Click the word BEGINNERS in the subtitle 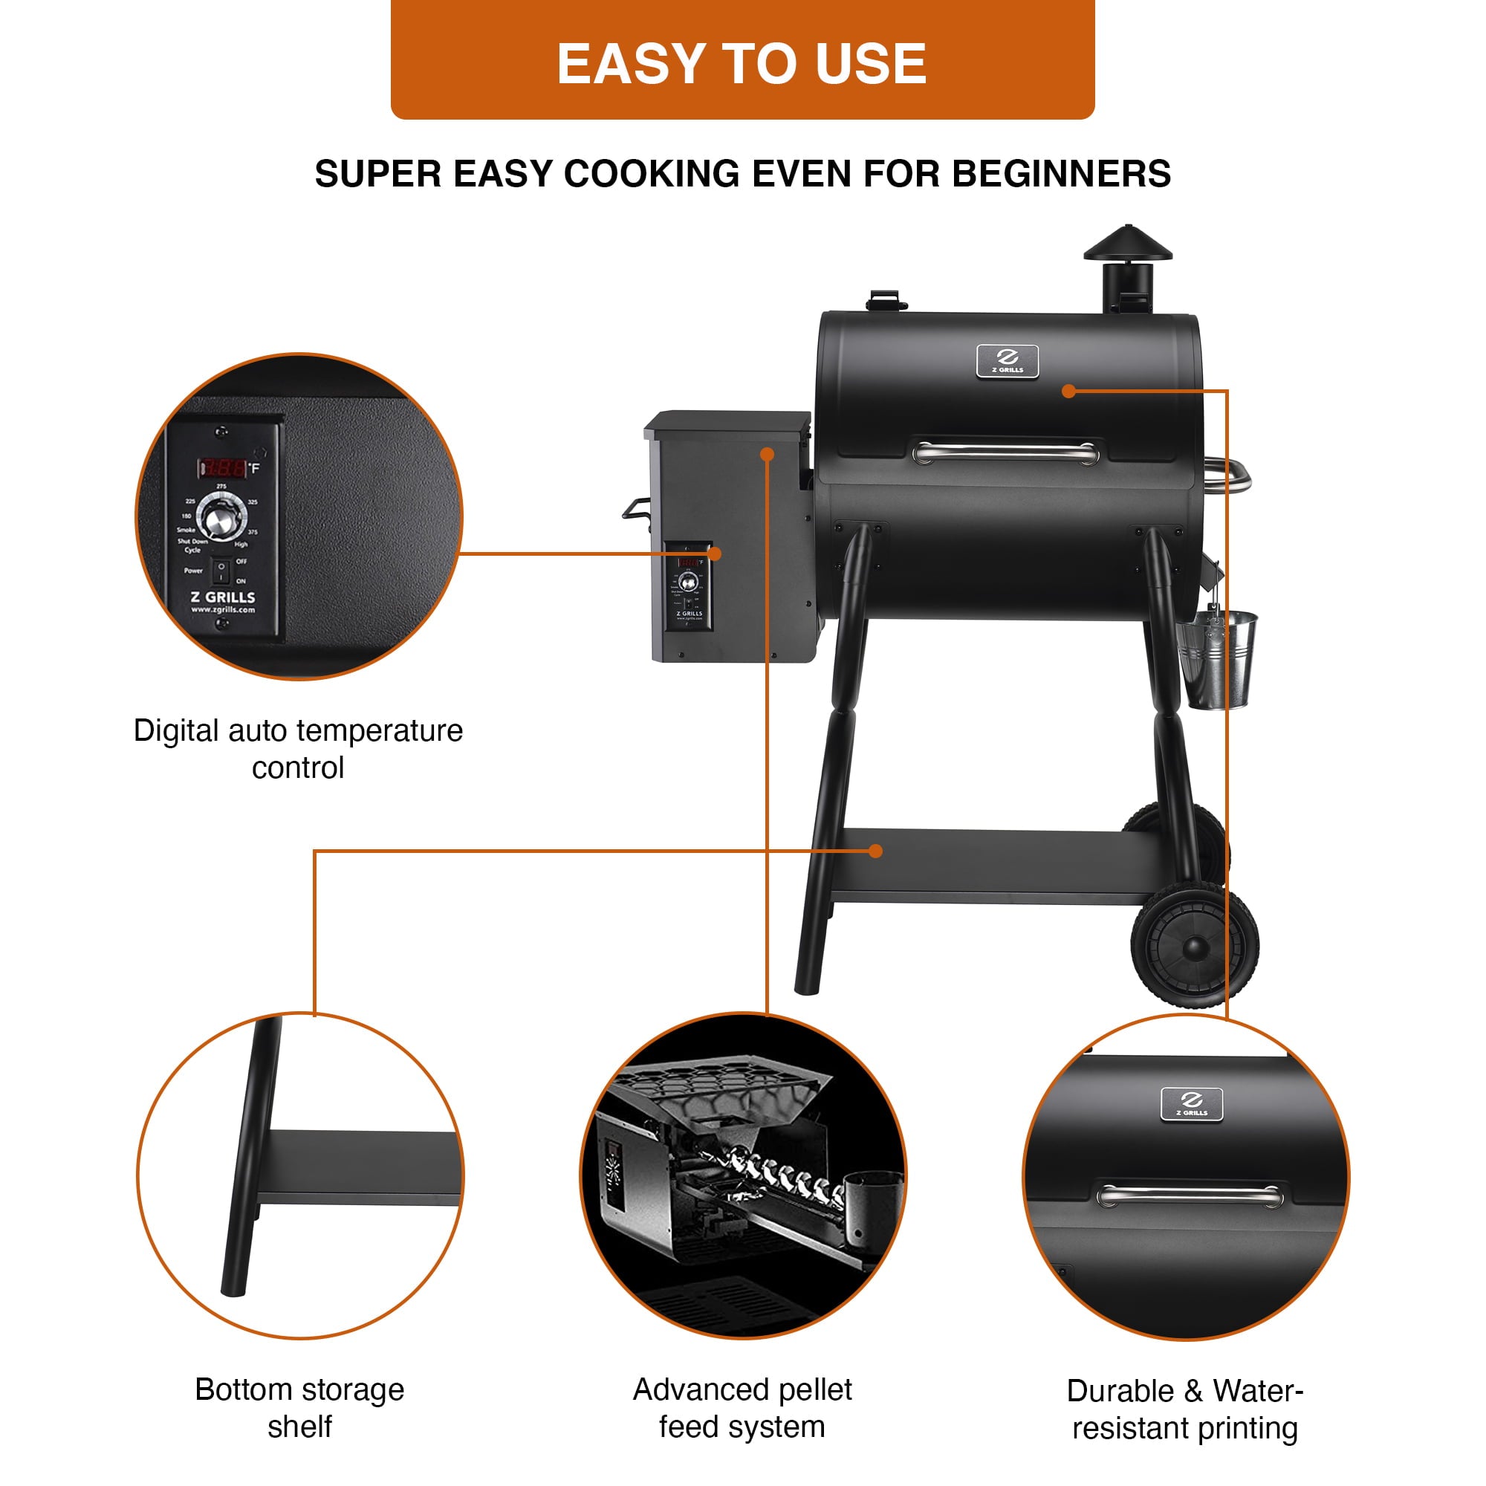(x=1062, y=174)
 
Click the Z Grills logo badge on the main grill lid (x=1007, y=361)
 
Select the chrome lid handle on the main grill (x=1005, y=453)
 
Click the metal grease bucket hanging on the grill (x=1218, y=658)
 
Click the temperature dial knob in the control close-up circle (x=221, y=517)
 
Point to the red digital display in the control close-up (x=224, y=467)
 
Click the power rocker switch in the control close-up (x=221, y=571)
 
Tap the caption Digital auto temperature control (x=299, y=748)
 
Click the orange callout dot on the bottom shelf (x=875, y=851)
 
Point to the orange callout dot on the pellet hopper (x=767, y=455)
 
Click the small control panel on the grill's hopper (x=690, y=586)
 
